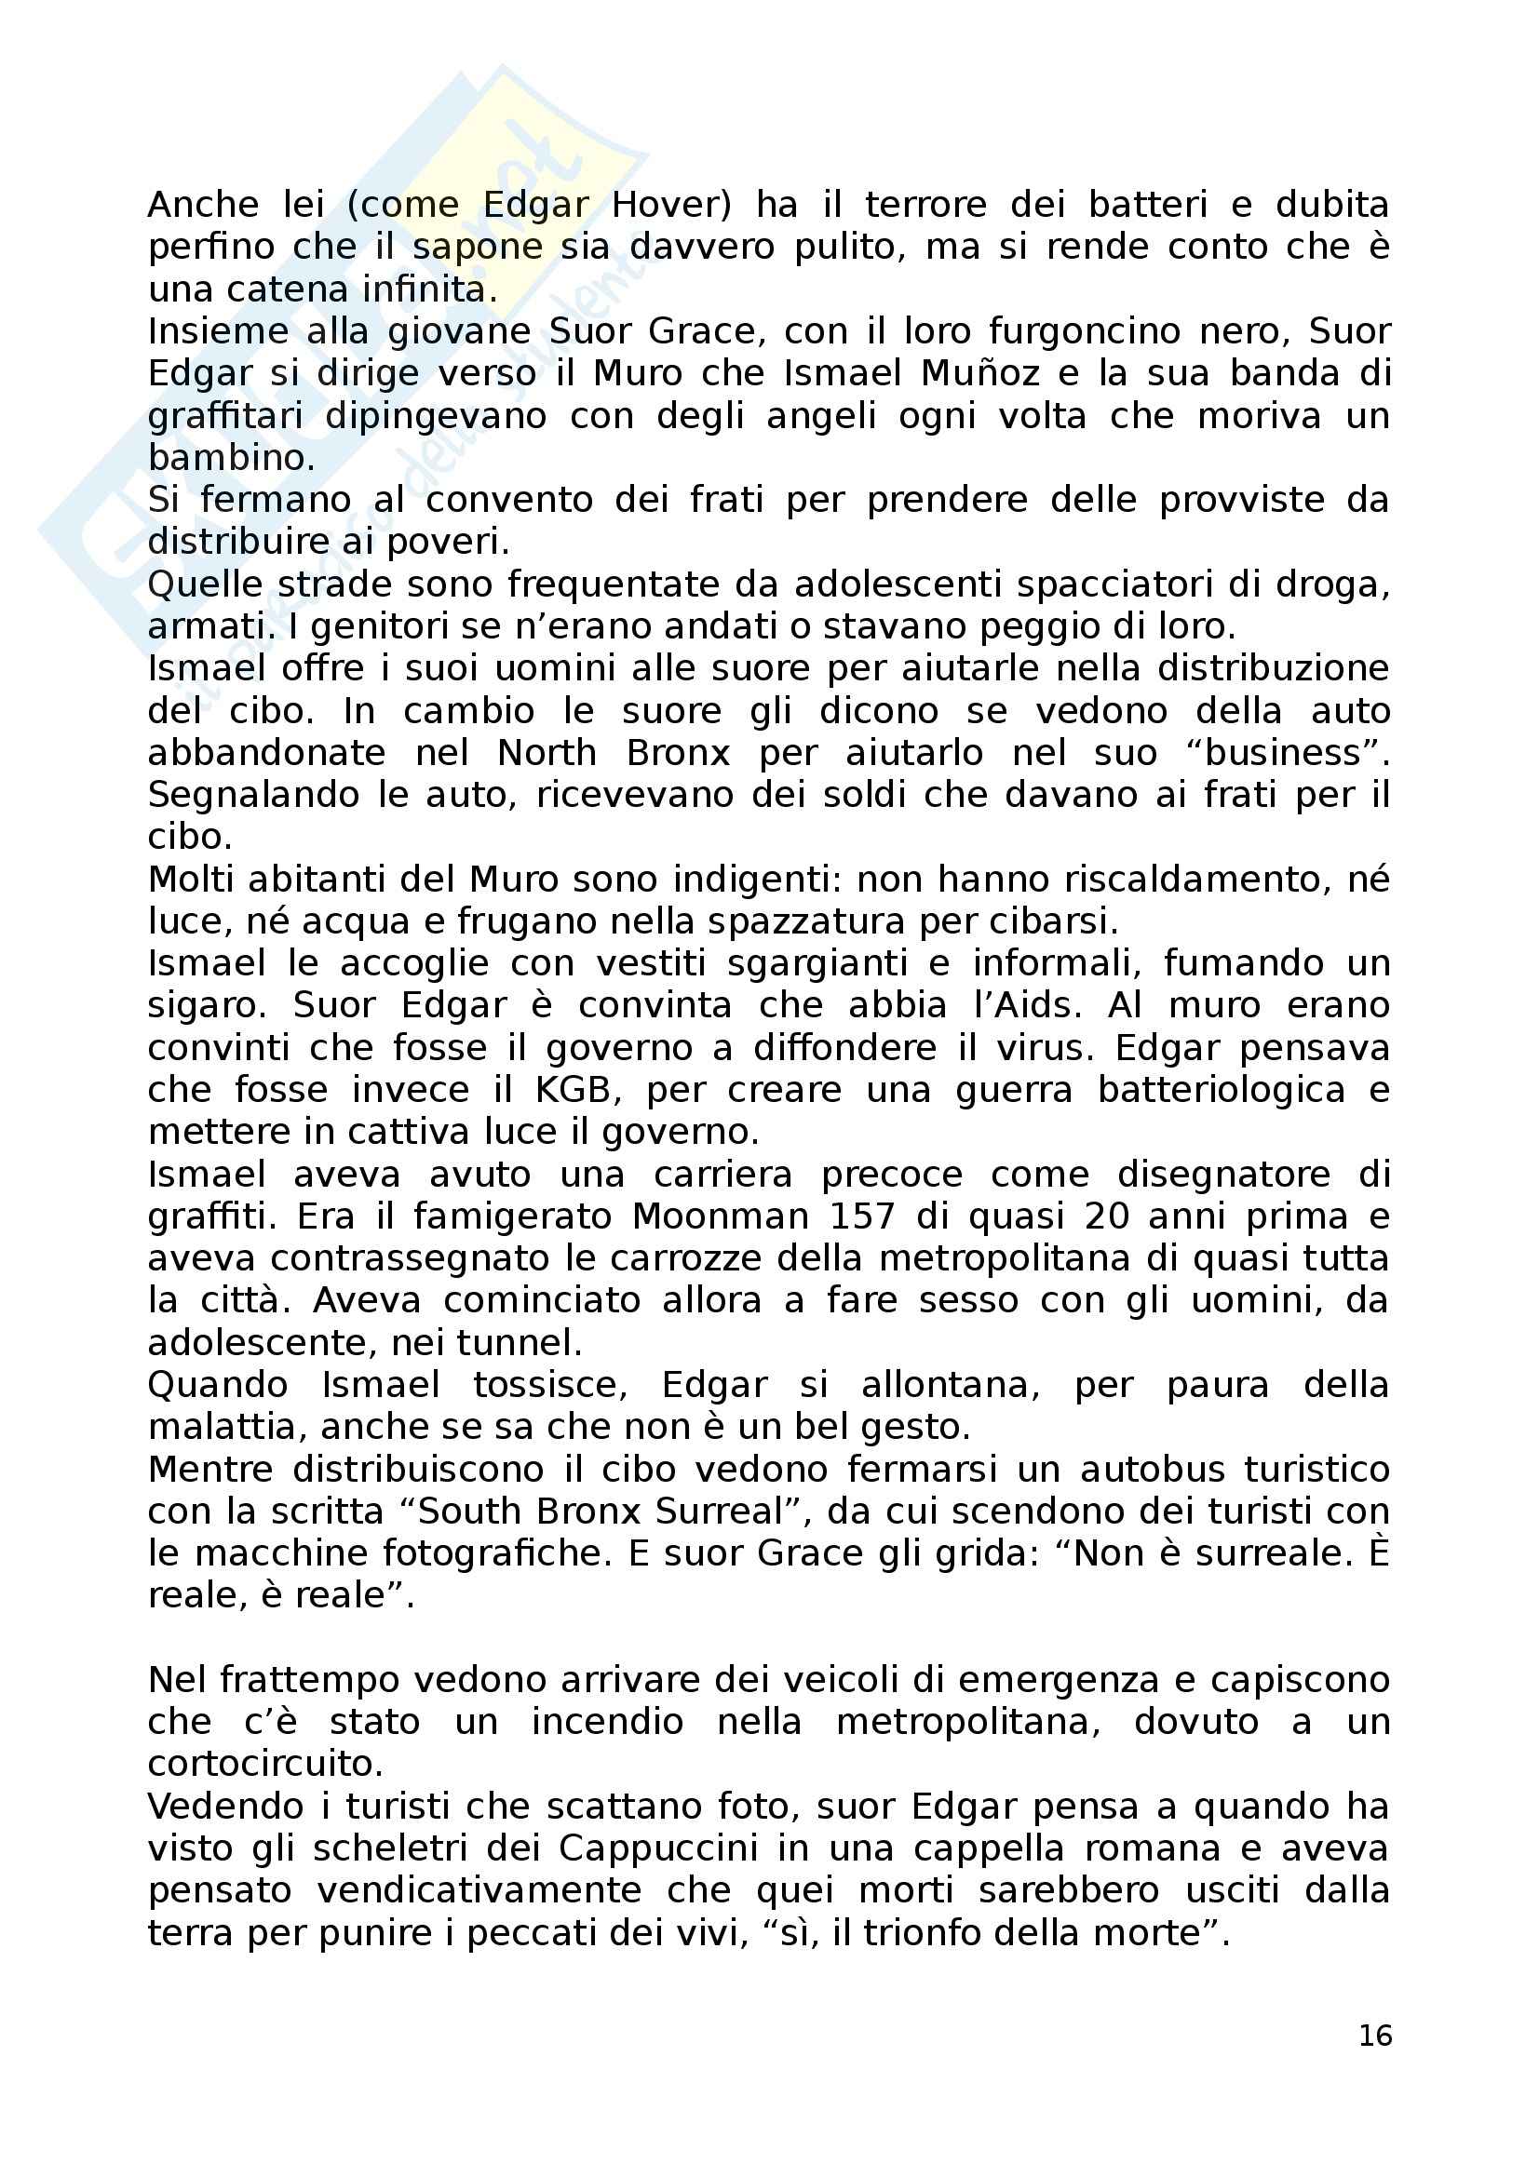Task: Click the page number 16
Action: [x=1374, y=2036]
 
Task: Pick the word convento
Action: [x=510, y=500]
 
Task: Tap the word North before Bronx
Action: [x=547, y=753]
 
